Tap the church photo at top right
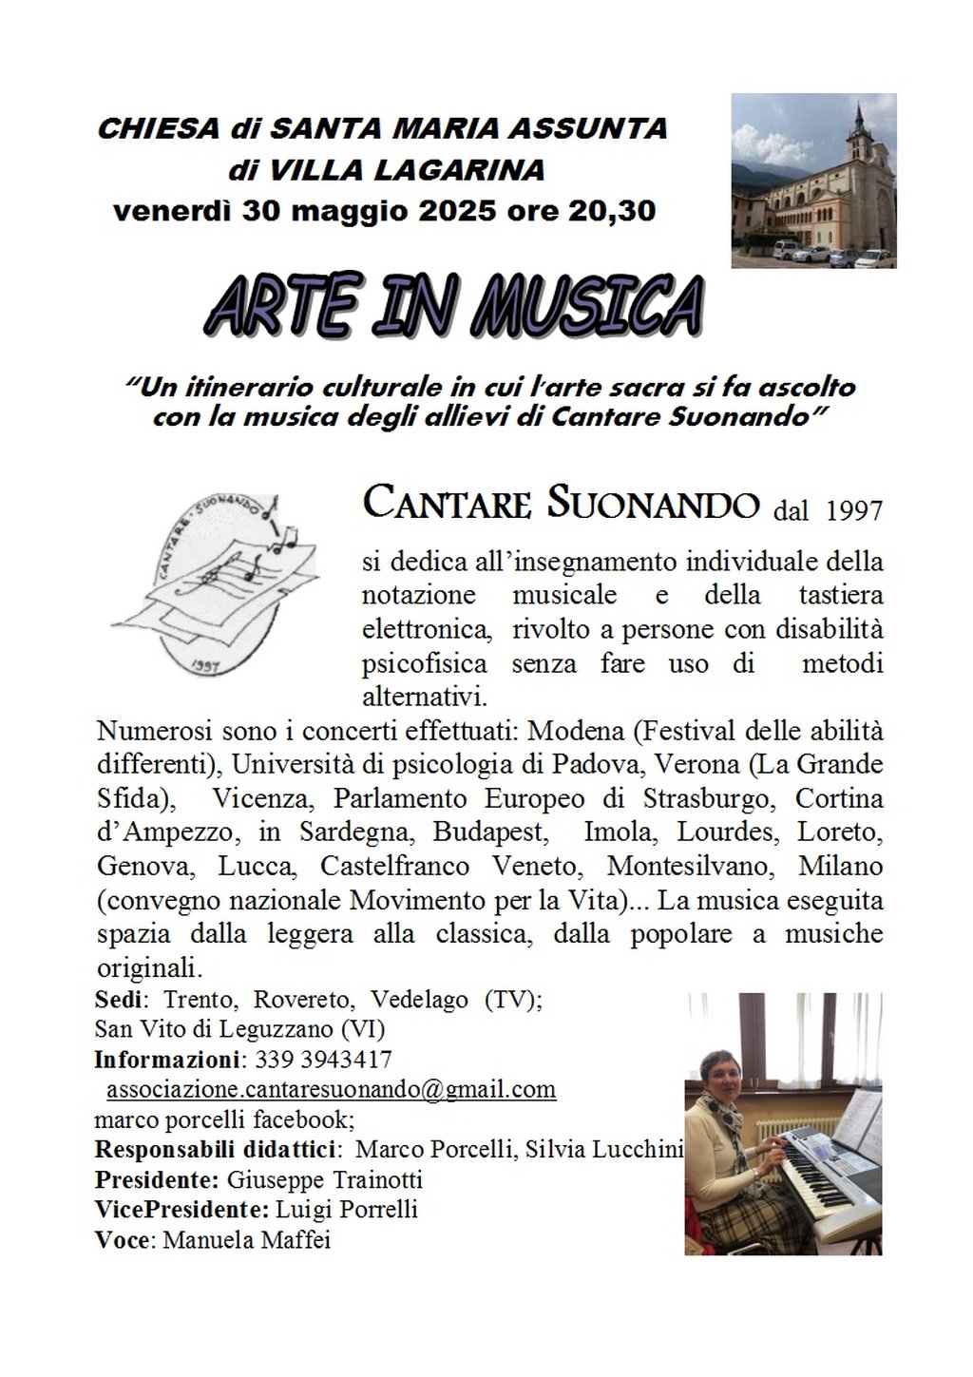coord(813,181)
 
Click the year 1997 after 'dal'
coord(854,511)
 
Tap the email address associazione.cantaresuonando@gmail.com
coord(331,1089)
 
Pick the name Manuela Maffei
coord(248,1240)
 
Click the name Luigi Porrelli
coord(347,1210)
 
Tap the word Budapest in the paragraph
coord(490,832)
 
